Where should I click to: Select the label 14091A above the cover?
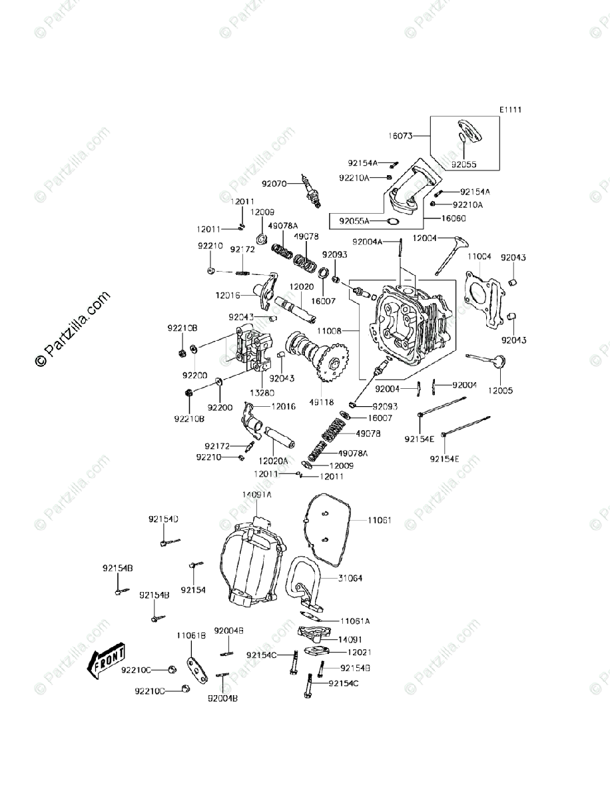(x=256, y=495)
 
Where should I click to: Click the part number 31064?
(x=350, y=579)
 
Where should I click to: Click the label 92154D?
(x=162, y=519)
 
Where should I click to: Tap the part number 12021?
(x=354, y=653)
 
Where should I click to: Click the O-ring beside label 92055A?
(x=393, y=221)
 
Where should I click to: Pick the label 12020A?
(x=274, y=460)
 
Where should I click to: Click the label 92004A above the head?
(x=368, y=242)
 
